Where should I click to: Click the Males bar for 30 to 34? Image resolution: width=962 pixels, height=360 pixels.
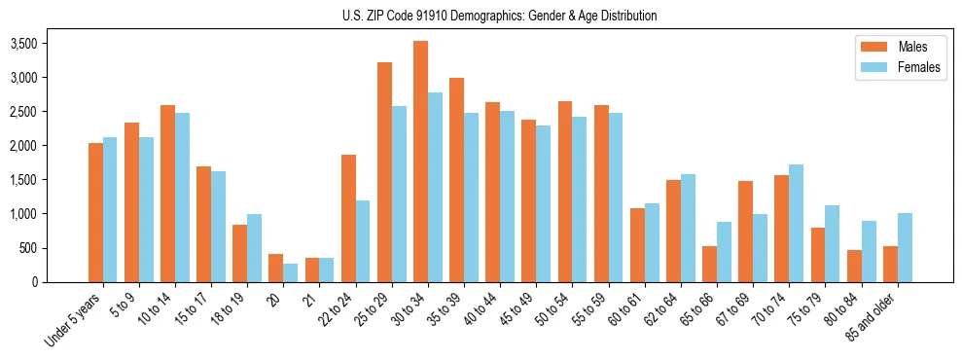pyautogui.click(x=420, y=162)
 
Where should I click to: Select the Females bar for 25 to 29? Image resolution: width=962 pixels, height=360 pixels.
pyautogui.click(x=399, y=194)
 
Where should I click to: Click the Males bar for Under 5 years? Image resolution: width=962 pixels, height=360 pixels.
pyautogui.click(x=95, y=212)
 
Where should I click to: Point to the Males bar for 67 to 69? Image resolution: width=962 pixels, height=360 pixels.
pyautogui.click(x=746, y=232)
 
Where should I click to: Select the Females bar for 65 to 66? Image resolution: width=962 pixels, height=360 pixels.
pyautogui.click(x=725, y=252)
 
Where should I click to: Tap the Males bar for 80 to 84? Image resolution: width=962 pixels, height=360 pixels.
pyautogui.click(x=854, y=266)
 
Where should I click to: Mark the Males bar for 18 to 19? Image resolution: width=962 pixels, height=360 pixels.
pyautogui.click(x=239, y=253)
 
